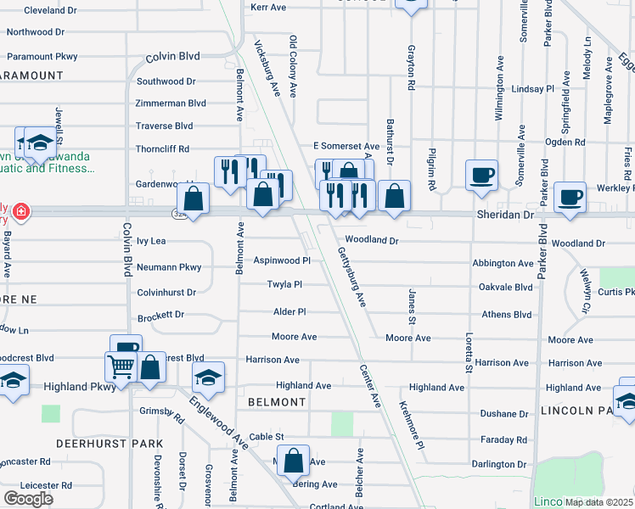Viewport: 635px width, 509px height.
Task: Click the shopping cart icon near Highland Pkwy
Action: [x=121, y=367]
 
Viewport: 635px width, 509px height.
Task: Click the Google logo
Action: [x=28, y=498]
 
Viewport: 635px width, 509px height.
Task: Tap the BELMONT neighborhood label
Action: [x=276, y=402]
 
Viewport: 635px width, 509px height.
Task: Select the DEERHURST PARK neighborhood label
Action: [x=98, y=444]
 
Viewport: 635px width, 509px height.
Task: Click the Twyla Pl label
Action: [x=285, y=285]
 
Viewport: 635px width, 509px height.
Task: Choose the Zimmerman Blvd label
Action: [x=171, y=103]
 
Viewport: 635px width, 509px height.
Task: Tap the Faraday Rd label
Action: [x=503, y=440]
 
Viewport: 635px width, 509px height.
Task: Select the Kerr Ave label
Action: [x=268, y=7]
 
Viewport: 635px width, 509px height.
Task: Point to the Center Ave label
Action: [x=370, y=387]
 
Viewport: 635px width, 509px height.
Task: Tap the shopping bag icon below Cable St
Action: [x=293, y=461]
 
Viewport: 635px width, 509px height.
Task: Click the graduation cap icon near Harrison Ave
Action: [x=208, y=377]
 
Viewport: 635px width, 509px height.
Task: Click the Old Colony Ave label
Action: [x=293, y=65]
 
